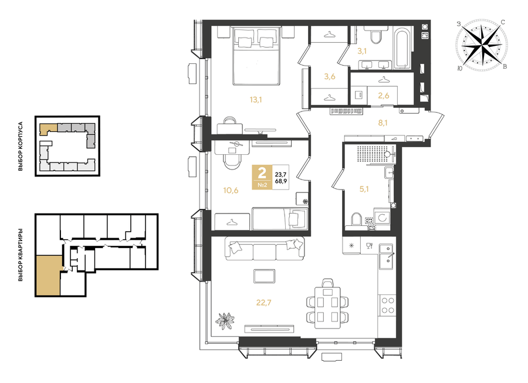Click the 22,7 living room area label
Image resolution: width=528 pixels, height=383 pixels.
click(263, 303)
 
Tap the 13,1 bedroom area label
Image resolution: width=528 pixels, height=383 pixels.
click(256, 100)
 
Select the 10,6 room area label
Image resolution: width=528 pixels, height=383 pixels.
click(231, 191)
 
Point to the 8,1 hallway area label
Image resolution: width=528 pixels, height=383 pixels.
click(383, 123)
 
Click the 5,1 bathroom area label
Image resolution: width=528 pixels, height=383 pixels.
click(364, 189)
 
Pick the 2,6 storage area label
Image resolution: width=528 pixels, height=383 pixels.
click(384, 96)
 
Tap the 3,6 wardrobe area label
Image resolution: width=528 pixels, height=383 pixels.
click(330, 76)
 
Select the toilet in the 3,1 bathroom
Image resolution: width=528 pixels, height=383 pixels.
click(375, 37)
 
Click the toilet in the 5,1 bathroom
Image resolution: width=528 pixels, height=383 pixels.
click(356, 219)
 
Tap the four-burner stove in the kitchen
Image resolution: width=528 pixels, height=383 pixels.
click(387, 305)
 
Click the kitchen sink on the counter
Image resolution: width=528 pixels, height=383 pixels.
click(386, 256)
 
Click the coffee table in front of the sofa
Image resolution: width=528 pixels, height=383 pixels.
click(265, 276)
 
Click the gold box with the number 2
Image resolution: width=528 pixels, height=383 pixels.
click(262, 177)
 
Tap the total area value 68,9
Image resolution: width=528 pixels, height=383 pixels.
click(281, 181)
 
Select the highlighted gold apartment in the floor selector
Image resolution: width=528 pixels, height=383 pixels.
click(48, 275)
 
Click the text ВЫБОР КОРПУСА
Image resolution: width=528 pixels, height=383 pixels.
click(21, 146)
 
